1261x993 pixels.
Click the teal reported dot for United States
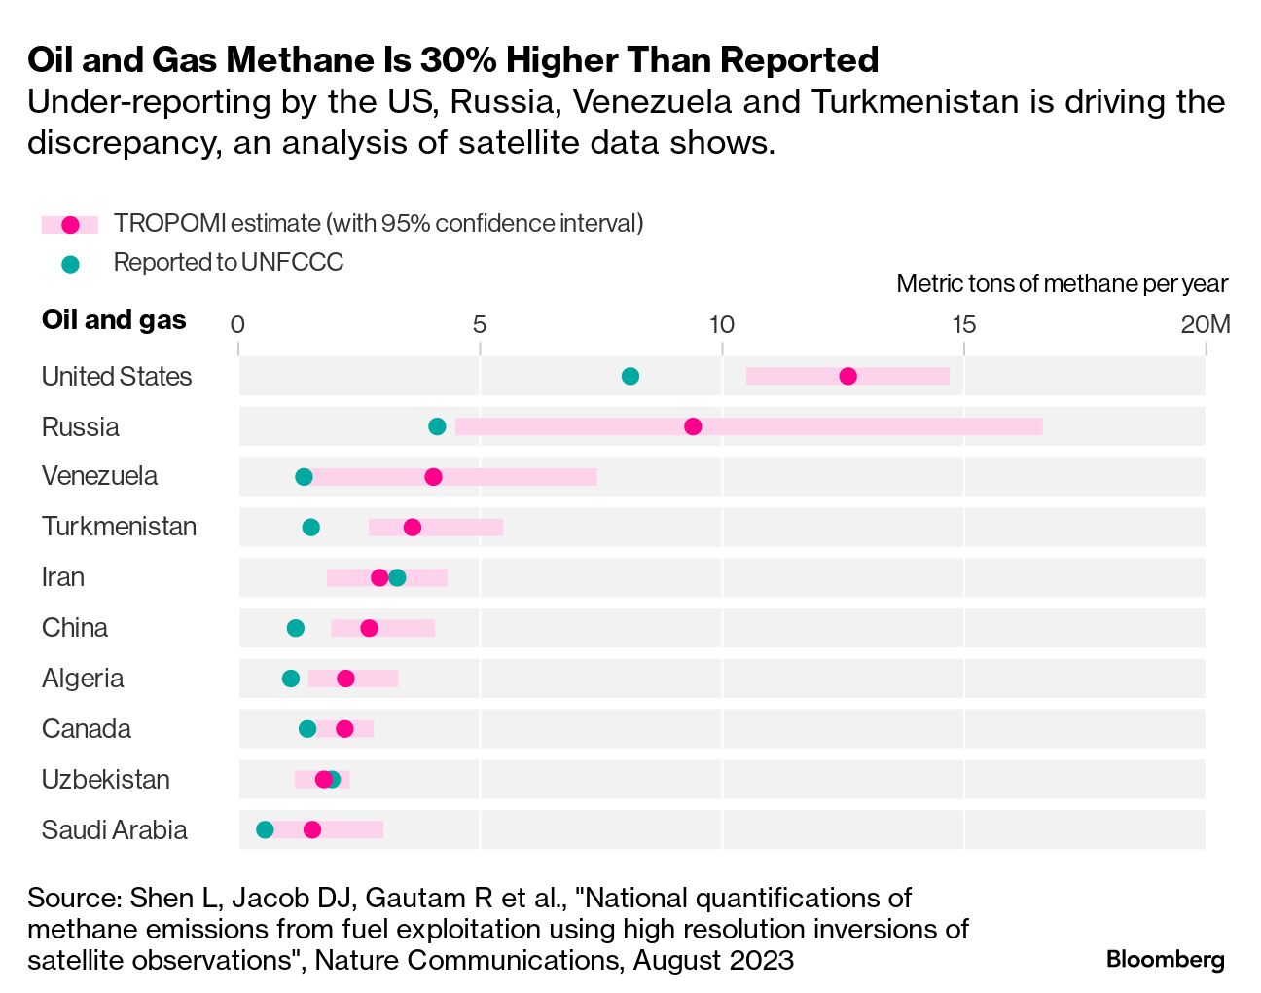[630, 377]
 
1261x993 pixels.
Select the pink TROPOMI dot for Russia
[693, 426]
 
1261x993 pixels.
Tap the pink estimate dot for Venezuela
[433, 477]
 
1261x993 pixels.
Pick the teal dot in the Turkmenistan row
[310, 528]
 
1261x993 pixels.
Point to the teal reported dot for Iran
[397, 577]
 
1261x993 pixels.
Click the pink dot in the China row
[369, 628]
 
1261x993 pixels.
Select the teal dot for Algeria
[291, 679]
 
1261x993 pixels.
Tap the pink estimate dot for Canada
[344, 729]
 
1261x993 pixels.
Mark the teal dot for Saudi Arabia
[265, 829]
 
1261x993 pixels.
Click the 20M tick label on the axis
[1206, 324]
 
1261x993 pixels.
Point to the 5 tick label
[480, 324]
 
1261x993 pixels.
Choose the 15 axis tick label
[963, 324]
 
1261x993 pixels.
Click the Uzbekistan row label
[106, 780]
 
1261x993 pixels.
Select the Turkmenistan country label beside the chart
[119, 527]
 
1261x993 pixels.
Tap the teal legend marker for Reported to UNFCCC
[70, 263]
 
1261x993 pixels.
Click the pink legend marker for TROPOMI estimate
[70, 225]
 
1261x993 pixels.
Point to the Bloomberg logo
[1165, 959]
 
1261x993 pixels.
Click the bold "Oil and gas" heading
[114, 320]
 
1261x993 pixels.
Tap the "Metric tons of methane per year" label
[1062, 284]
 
